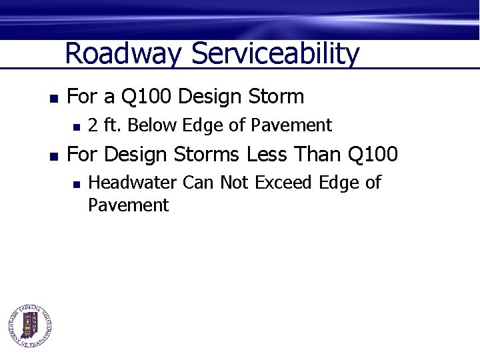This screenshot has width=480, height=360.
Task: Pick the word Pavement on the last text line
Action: pyautogui.click(x=128, y=205)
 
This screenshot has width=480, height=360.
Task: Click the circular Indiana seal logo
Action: pyautogui.click(x=31, y=326)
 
